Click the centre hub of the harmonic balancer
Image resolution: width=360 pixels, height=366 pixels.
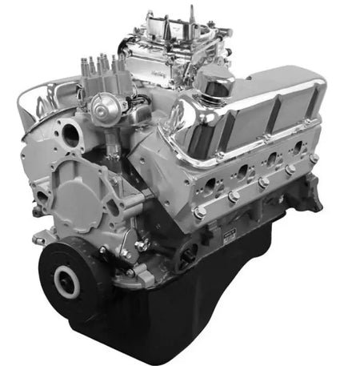(x=65, y=280)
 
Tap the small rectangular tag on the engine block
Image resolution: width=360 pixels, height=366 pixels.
(x=229, y=232)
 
